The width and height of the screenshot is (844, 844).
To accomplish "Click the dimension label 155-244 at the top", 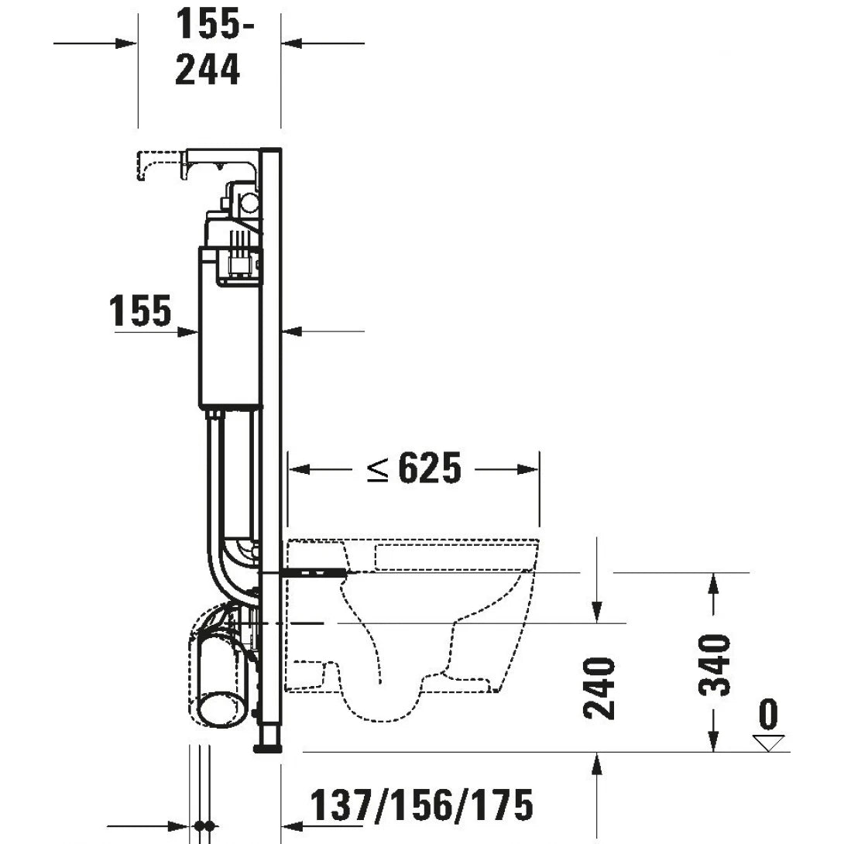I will [x=208, y=48].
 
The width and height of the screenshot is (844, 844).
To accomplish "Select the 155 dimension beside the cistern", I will [x=140, y=311].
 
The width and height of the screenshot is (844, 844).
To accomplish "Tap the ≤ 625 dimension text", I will [x=414, y=468].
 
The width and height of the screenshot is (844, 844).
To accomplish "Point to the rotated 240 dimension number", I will [x=600, y=688].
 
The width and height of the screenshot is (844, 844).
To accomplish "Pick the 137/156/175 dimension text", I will [x=422, y=805].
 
